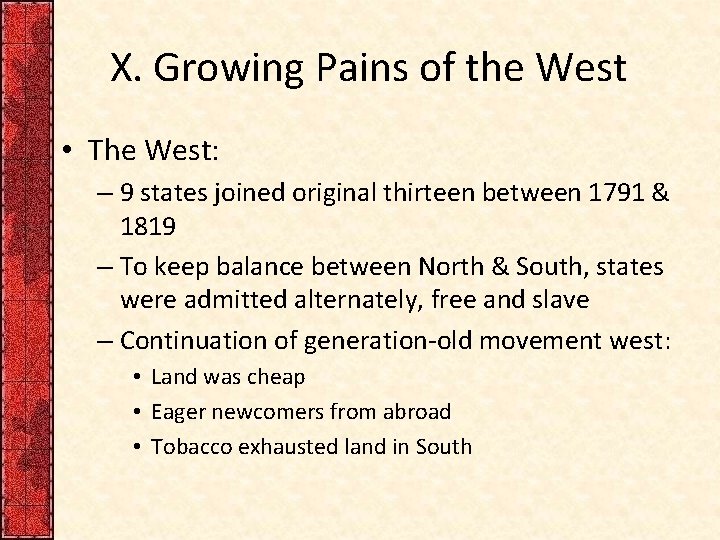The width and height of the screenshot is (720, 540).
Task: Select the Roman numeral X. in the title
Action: pyautogui.click(x=127, y=68)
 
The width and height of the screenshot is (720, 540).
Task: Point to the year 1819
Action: pyautogui.click(x=148, y=227)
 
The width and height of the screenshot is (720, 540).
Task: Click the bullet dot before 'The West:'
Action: pyautogui.click(x=67, y=151)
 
